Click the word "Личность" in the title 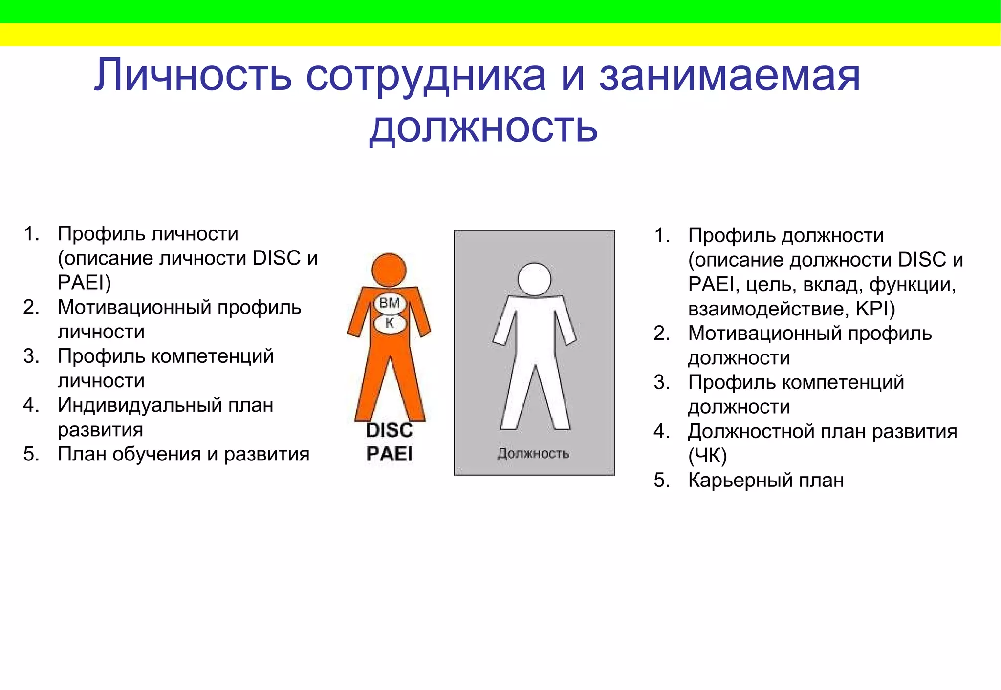tap(193, 75)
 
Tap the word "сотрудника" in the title tap(425, 76)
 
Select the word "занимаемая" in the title tap(729, 76)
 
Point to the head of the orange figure tap(389, 270)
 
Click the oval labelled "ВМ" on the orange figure tap(390, 303)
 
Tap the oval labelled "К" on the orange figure tap(390, 323)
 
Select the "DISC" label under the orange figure tap(390, 430)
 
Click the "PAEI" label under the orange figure tap(390, 454)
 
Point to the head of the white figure tap(534, 279)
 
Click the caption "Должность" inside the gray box tap(533, 454)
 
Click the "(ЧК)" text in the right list tap(707, 456)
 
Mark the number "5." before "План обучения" tap(31, 454)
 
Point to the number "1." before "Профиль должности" tap(662, 235)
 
